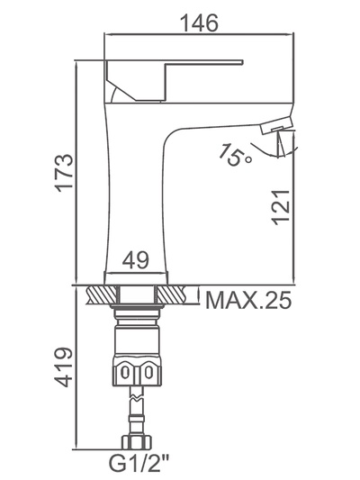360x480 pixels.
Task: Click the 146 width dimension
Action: (x=200, y=23)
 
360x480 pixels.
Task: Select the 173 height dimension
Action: (x=64, y=173)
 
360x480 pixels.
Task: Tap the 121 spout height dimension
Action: (x=280, y=207)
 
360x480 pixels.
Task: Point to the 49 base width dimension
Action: (x=136, y=259)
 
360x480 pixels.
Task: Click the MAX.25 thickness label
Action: (x=248, y=300)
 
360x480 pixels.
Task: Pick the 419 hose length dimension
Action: (x=64, y=367)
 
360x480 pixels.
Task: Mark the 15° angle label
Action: (x=235, y=155)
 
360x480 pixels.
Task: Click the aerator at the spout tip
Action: (x=277, y=125)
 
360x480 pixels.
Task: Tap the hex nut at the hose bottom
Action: (x=137, y=441)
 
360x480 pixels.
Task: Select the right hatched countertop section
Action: (x=174, y=294)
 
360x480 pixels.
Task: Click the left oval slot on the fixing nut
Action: (x=125, y=373)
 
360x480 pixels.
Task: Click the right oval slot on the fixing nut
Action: (x=148, y=373)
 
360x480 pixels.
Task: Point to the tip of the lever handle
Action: (x=243, y=62)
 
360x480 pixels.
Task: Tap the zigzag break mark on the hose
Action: (x=136, y=398)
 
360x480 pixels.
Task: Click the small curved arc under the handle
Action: (x=113, y=95)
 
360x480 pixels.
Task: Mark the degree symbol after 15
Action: (x=249, y=159)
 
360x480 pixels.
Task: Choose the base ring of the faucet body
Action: (x=136, y=278)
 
